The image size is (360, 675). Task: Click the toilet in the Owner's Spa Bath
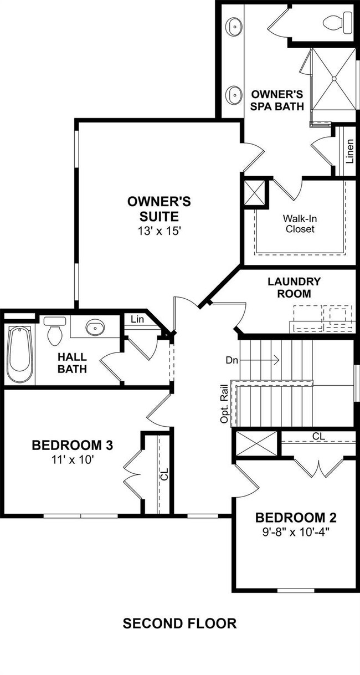tap(337, 22)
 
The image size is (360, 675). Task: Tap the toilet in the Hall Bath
tap(54, 331)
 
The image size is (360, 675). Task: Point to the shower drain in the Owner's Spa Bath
tap(334, 79)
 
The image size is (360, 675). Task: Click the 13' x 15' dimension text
tap(160, 231)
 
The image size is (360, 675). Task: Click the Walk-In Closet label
tap(300, 223)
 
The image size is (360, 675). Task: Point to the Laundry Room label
tap(294, 288)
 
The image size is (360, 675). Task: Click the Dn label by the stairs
tap(232, 360)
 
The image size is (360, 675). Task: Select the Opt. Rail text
tap(224, 404)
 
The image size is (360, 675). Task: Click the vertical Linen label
tap(350, 151)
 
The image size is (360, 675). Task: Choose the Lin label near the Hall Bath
tap(137, 319)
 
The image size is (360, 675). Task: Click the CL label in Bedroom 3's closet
tap(164, 474)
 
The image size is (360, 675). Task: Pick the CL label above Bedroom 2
tap(318, 436)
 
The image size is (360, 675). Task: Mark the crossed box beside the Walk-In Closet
tap(254, 193)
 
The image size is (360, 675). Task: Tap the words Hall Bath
tap(73, 363)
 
